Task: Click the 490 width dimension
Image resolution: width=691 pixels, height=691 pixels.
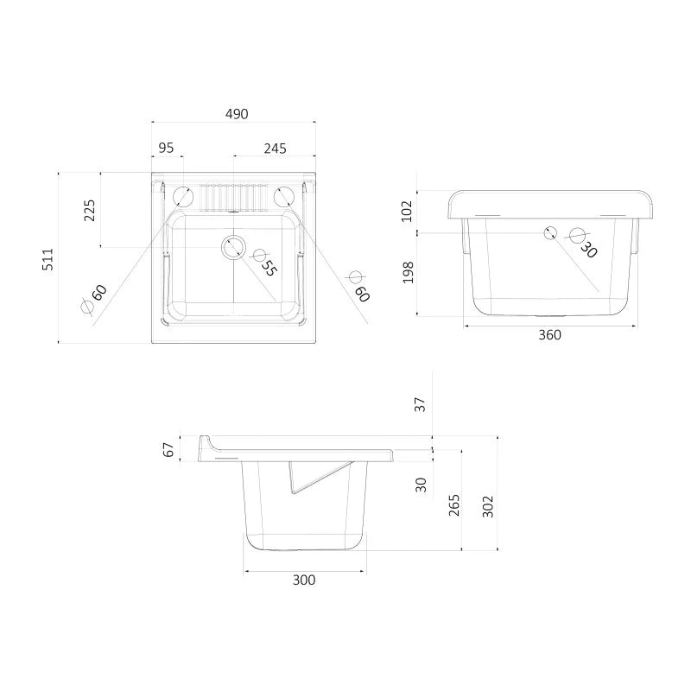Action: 237,114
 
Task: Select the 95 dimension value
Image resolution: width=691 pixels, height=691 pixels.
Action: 166,148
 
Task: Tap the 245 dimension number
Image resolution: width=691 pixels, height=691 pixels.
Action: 275,149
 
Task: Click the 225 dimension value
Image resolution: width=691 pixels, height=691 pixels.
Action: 90,210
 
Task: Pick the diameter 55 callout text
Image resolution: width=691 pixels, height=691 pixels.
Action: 264,263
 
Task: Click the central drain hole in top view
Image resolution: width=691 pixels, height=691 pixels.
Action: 233,247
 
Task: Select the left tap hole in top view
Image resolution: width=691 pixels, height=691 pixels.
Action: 182,197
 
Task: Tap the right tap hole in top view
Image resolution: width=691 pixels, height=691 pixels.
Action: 284,197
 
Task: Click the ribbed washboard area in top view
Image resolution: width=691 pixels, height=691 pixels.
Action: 234,198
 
